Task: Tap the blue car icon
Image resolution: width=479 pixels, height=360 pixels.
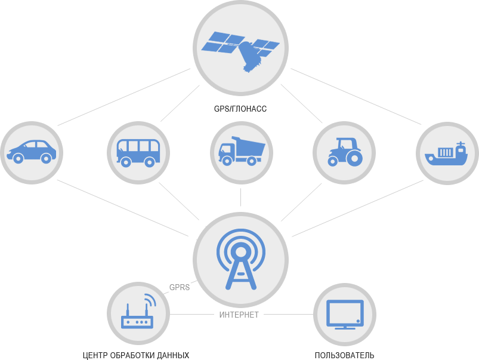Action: (32, 152)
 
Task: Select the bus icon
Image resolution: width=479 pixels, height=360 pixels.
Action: (137, 153)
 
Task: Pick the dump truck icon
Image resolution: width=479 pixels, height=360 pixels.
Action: (241, 152)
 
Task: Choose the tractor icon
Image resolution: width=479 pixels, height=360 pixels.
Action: (345, 152)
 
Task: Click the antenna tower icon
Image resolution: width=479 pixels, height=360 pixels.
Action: (240, 259)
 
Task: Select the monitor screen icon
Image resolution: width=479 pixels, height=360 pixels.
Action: (345, 314)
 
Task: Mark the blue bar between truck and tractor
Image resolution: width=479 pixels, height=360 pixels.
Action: (292, 152)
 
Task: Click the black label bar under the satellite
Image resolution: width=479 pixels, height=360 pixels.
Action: (240, 109)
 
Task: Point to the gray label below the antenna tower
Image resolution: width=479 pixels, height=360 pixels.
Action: (239, 315)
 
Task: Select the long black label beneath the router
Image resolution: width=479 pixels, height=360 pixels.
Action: (136, 356)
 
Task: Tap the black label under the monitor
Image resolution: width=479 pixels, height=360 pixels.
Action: (344, 355)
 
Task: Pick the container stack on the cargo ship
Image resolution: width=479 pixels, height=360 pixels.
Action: (445, 152)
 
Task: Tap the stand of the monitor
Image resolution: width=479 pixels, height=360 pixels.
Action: (345, 327)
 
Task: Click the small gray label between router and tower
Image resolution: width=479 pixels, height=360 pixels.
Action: (179, 287)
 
